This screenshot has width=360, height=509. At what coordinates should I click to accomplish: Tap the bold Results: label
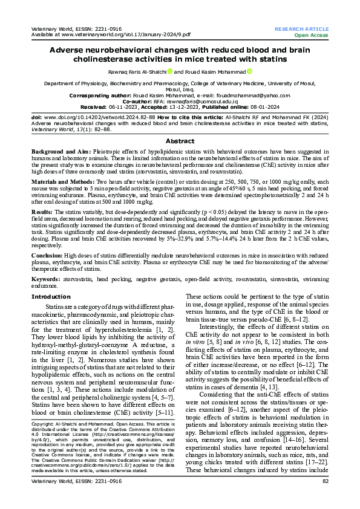(42, 213)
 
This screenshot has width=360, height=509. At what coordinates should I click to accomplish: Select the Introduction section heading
(51, 297)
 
